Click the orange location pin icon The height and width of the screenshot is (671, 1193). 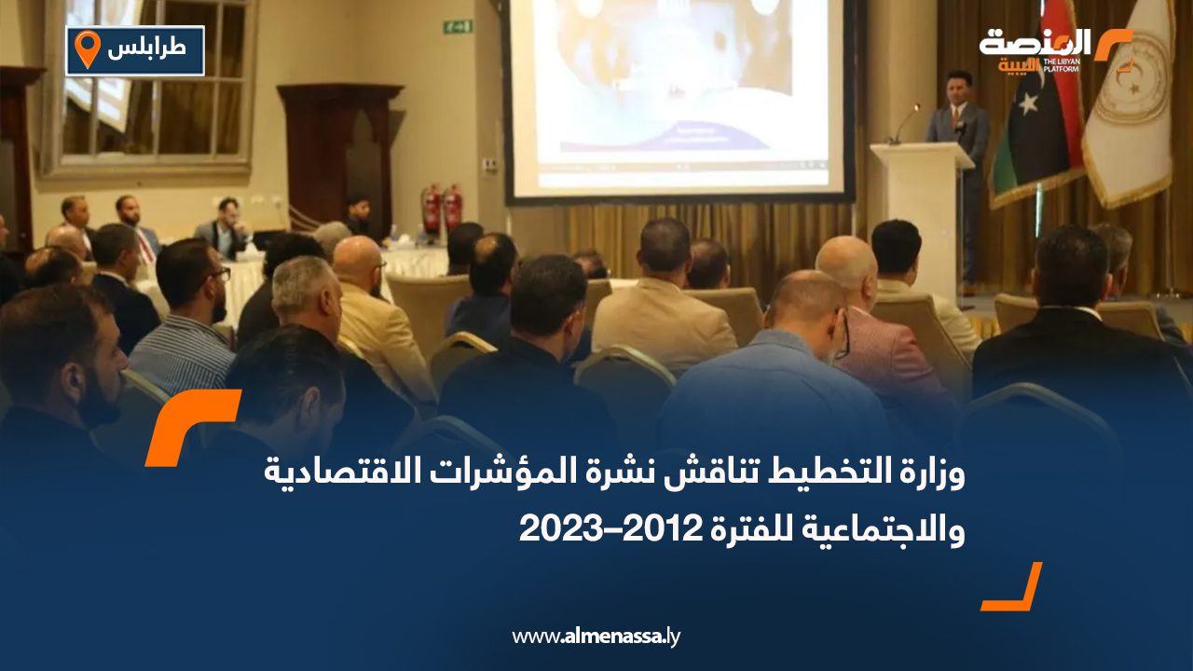87,49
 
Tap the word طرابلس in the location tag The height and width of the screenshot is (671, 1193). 146,49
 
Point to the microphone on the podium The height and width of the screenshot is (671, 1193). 902,122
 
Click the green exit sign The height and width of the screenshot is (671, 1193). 457,26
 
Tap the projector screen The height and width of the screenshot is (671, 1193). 679,93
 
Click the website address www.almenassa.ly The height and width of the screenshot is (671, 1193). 596,637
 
